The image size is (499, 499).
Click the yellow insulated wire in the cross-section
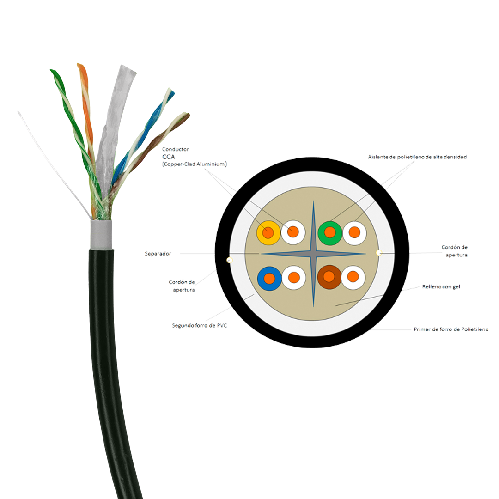(x=268, y=233)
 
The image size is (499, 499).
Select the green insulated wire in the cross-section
(x=329, y=233)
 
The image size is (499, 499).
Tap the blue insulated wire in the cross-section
(x=269, y=278)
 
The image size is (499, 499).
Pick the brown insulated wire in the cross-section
(x=329, y=277)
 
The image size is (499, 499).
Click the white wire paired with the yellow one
(x=293, y=232)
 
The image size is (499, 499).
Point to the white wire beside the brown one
(x=353, y=277)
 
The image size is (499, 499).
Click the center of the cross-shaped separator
(x=313, y=254)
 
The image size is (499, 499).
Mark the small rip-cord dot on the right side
(x=378, y=252)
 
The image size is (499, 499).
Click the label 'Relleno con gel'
(x=441, y=287)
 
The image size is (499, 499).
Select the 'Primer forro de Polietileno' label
(x=451, y=329)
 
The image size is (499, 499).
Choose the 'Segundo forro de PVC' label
(x=199, y=325)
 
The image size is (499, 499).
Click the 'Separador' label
(x=158, y=254)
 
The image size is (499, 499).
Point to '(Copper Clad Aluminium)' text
(x=195, y=164)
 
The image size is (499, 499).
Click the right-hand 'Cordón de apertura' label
(x=455, y=250)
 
